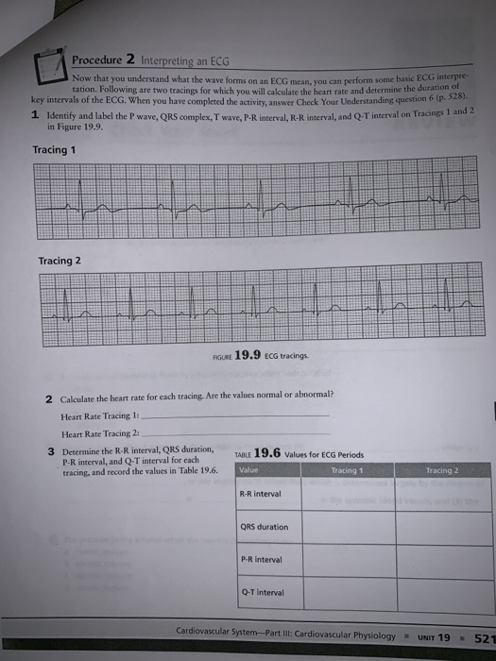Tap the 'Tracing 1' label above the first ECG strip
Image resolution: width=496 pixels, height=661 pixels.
pos(54,150)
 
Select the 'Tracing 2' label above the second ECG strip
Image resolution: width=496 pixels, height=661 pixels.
pos(60,261)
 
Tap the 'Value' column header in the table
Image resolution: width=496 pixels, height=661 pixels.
pos(249,469)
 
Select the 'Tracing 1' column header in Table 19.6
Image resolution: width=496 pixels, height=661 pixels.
pos(347,469)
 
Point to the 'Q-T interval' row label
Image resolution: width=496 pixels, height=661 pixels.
pos(256,593)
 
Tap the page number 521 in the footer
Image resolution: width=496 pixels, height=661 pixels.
pos(482,638)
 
